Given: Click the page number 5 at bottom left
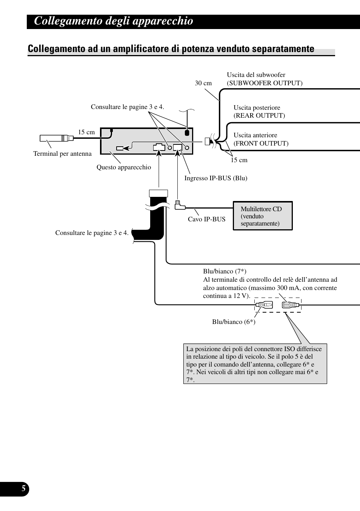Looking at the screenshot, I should point(23,489).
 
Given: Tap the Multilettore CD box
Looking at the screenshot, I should point(263,216).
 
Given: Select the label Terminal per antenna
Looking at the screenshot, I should point(62,153).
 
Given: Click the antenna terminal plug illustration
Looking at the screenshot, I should point(57,138).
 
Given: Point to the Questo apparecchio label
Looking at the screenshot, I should point(123,167).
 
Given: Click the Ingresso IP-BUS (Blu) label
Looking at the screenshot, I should point(215,178).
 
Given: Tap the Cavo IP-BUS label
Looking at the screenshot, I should point(206,219).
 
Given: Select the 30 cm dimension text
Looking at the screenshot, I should point(203,83).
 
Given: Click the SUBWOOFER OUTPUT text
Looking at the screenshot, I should point(265,83).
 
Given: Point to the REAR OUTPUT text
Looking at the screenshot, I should point(259,115).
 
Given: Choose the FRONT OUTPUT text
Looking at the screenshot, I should point(261,143).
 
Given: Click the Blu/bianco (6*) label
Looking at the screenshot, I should point(234,322).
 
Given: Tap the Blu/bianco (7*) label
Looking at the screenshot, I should point(225,271).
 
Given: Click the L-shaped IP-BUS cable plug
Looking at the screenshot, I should point(180,205).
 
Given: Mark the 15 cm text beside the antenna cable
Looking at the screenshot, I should point(86,132).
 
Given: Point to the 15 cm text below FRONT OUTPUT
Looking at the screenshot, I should point(239,160).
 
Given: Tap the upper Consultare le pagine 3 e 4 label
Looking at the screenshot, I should point(127,107).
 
